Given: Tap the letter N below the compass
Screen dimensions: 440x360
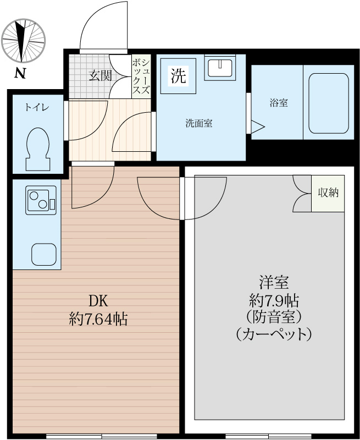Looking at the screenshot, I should coord(20,72).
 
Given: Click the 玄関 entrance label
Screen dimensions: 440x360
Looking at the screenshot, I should coord(100,76).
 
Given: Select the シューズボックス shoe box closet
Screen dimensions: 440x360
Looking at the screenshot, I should coord(141,76).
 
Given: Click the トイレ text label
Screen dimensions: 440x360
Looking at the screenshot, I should coord(36,108).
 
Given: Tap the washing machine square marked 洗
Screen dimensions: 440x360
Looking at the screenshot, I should coord(178,76).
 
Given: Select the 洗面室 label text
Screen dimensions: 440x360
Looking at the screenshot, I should coord(198,123).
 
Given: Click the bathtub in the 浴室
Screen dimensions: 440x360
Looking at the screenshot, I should coord(328,103).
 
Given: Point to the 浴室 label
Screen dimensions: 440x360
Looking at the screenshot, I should coord(278,103).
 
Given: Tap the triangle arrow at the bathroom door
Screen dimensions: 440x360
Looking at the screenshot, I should coord(258,127).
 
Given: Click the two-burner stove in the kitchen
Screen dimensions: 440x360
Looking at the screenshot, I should coord(40,200).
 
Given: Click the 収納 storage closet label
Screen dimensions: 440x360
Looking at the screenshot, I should coord(328,193).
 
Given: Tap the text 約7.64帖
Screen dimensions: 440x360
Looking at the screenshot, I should coord(98,318).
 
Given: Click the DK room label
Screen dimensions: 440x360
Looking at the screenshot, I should coord(98,301).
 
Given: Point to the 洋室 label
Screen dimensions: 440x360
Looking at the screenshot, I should coord(274,283).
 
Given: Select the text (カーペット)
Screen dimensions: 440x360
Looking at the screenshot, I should coord(274,334).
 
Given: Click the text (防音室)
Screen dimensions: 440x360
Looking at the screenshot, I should coord(274,317).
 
